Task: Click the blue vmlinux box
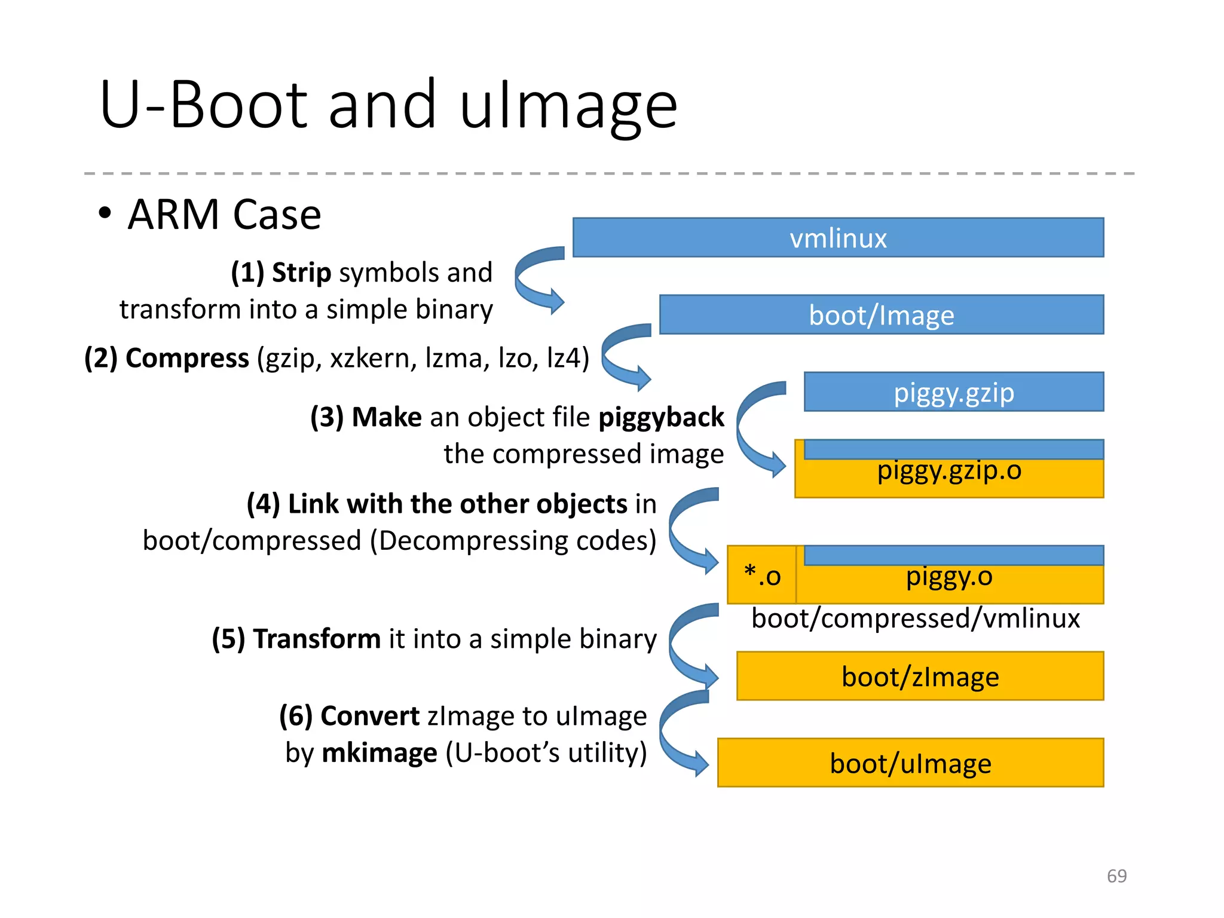tap(838, 238)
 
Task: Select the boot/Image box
tap(881, 315)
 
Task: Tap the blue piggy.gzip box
tap(953, 393)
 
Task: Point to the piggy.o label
tap(949, 577)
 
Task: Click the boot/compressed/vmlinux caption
tap(915, 619)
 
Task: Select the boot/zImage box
tap(920, 677)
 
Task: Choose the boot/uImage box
tap(910, 763)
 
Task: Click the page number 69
tap(1116, 876)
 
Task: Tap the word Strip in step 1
tap(301, 273)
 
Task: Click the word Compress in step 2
tap(187, 359)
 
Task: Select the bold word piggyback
tap(661, 417)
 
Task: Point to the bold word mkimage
tap(379, 753)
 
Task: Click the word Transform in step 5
tap(317, 639)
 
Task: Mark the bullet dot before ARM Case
tap(105, 213)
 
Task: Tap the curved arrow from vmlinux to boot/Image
tap(536, 279)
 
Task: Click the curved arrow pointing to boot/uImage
tap(681, 734)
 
